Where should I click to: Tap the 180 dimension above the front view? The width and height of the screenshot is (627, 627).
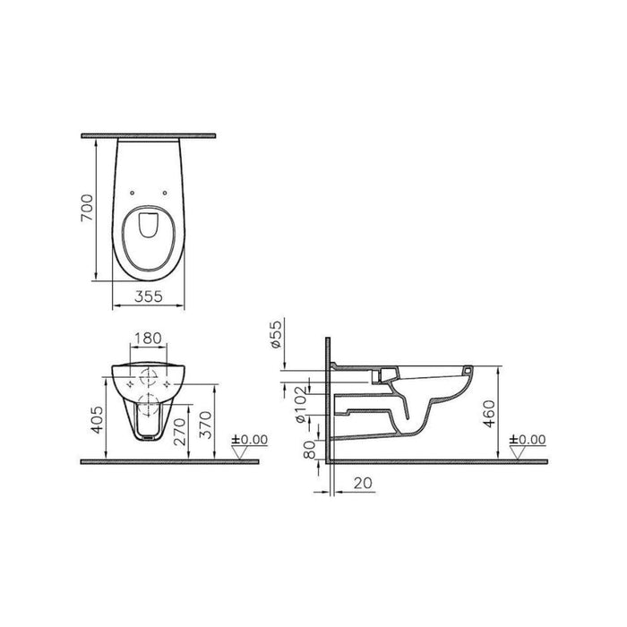[149, 339]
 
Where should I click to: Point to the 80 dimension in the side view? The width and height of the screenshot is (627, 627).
[309, 444]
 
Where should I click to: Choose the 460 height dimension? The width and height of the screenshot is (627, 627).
[486, 414]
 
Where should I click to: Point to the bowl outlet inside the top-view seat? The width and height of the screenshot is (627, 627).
[150, 228]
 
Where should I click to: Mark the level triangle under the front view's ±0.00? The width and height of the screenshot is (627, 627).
[239, 452]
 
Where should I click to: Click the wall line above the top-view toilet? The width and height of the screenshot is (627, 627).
[150, 135]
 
